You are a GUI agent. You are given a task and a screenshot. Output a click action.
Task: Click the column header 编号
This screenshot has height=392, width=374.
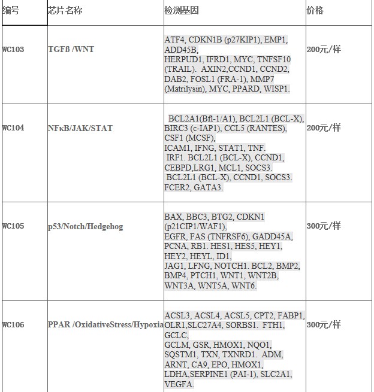click(11, 11)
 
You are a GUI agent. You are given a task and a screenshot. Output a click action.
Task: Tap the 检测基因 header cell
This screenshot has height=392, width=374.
click(181, 11)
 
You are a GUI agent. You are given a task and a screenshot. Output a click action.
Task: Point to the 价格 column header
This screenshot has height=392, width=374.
click(315, 11)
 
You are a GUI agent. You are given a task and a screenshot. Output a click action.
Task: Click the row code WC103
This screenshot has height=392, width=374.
click(13, 50)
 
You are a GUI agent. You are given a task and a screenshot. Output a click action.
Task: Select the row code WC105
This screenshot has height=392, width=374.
click(13, 226)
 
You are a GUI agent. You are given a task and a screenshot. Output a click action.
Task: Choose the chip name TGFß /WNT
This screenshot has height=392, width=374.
click(70, 50)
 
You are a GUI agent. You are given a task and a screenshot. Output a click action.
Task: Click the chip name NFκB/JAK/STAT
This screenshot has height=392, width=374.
click(80, 128)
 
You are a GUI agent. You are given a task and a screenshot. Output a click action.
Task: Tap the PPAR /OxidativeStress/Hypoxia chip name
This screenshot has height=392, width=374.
click(105, 325)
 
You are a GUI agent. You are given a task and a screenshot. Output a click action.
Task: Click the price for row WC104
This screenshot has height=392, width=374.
click(324, 128)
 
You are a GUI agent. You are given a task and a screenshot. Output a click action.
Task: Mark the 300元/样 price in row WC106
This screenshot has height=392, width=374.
click(324, 325)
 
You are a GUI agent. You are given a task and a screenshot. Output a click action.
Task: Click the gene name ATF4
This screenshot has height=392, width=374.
click(174, 40)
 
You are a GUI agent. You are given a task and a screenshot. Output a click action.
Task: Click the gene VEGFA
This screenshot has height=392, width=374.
click(179, 384)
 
